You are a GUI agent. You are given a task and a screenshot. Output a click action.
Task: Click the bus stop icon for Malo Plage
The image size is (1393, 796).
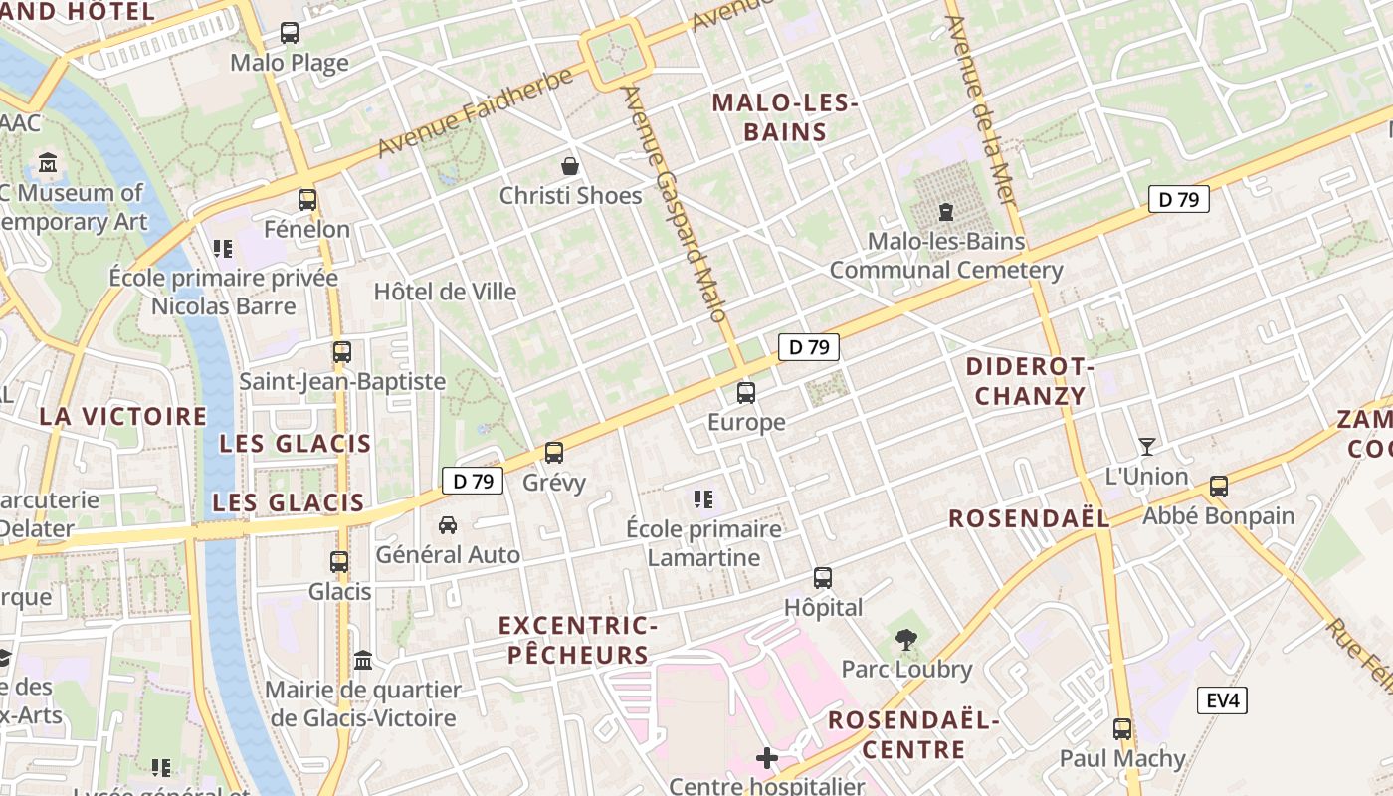click(x=290, y=33)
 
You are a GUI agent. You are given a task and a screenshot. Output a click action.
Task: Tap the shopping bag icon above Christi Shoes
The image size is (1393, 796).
click(x=570, y=165)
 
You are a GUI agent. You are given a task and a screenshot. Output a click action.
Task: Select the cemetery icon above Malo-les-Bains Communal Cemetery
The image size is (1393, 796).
click(x=945, y=212)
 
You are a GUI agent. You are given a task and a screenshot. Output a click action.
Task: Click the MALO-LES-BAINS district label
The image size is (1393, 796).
click(x=785, y=117)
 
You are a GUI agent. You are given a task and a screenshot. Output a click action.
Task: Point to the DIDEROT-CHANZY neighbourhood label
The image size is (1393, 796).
click(x=1030, y=381)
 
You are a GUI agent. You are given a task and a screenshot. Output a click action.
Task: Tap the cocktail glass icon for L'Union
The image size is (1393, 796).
click(x=1147, y=447)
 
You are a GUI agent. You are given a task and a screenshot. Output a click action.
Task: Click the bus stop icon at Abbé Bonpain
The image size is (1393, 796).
click(x=1219, y=487)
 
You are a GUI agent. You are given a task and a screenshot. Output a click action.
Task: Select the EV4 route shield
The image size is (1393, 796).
click(x=1222, y=700)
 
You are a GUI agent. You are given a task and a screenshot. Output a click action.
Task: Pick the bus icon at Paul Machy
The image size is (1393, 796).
click(x=1122, y=729)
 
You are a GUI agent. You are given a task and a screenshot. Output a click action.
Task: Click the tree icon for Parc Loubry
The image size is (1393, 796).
click(x=905, y=640)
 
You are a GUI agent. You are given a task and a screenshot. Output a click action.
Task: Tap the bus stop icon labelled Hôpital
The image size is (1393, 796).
click(x=823, y=578)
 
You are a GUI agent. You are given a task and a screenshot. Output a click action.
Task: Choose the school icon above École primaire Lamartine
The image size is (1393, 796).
click(x=703, y=499)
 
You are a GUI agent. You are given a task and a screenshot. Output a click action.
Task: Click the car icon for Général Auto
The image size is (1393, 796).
click(x=448, y=524)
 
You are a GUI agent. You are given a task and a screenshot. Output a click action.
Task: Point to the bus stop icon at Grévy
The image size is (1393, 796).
click(x=554, y=453)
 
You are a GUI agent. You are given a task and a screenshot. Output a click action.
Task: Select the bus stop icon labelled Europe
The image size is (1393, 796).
click(x=746, y=393)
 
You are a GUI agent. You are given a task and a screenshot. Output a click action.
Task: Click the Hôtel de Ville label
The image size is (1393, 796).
click(x=445, y=292)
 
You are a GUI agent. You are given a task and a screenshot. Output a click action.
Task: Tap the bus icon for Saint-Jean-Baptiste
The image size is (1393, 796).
click(x=342, y=352)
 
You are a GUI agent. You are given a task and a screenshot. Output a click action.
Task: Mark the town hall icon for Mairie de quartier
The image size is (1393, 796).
click(x=363, y=661)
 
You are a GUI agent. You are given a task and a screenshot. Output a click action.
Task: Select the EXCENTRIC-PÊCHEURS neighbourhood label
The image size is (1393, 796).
click(x=577, y=640)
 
